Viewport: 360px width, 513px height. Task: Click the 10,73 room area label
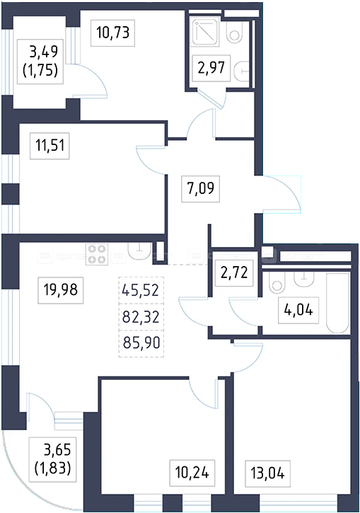click(112, 33)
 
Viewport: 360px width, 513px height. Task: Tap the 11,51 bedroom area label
click(50, 146)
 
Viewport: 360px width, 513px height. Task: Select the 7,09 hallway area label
click(200, 188)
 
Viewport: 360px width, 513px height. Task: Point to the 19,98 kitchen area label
click(61, 290)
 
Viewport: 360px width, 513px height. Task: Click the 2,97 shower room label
click(211, 68)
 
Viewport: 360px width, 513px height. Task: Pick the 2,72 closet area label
click(234, 273)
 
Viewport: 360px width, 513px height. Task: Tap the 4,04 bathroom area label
click(298, 310)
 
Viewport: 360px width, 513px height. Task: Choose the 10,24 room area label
click(192, 473)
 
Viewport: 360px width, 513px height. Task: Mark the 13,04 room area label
click(267, 473)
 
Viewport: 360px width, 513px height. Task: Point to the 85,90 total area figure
click(141, 343)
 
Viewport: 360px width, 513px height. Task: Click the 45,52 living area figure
click(140, 290)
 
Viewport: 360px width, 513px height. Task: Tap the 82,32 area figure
click(141, 317)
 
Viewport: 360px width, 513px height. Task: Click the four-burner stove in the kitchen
click(97, 254)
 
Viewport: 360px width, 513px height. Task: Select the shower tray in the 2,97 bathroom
click(205, 32)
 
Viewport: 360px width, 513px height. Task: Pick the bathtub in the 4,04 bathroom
click(338, 303)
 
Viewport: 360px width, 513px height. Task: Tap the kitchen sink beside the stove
click(139, 251)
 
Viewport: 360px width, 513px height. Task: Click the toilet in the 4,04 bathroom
click(277, 282)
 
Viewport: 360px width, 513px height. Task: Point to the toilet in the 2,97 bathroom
click(234, 32)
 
